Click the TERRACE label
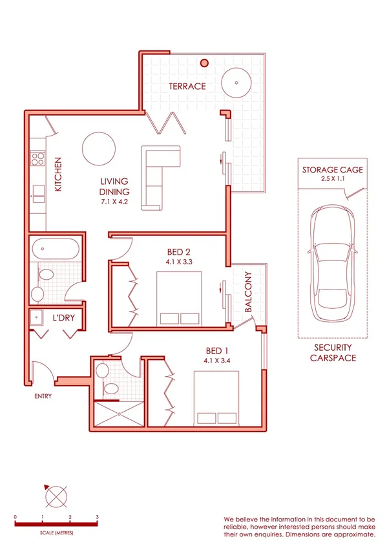coord(187,86)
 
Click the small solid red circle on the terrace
coord(204,63)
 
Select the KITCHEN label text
coord(58,174)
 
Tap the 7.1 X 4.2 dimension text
coord(114,202)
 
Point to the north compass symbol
coord(56,497)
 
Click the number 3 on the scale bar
coord(97,517)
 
